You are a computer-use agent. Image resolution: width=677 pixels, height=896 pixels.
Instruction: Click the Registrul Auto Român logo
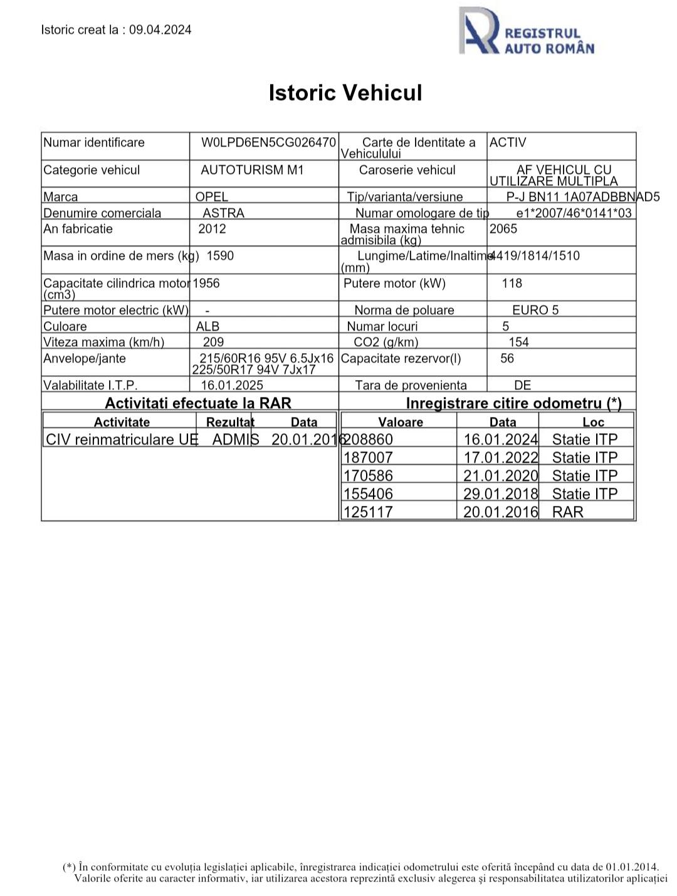(527, 31)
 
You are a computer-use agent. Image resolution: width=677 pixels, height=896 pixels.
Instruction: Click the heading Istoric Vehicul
(345, 93)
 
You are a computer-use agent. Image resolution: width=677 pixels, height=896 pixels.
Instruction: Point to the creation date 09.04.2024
(160, 29)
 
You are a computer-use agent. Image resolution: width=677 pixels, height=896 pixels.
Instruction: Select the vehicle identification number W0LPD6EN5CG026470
(268, 142)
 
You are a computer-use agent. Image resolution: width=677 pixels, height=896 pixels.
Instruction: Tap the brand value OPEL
(212, 197)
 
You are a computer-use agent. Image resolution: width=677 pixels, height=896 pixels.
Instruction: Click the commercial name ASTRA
(223, 213)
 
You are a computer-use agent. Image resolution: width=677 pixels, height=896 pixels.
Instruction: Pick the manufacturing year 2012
(212, 229)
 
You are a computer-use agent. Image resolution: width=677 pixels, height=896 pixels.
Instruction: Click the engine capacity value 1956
(206, 283)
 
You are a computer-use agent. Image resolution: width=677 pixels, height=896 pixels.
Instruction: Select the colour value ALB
(207, 326)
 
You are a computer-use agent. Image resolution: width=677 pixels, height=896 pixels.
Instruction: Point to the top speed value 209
(214, 342)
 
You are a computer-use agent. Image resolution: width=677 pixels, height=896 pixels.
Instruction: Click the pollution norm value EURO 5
(535, 310)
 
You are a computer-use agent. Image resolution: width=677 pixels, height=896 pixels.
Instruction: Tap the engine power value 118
(512, 283)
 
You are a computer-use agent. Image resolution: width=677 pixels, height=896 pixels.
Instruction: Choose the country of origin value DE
(522, 385)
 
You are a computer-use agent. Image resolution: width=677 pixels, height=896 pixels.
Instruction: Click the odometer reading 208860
(369, 440)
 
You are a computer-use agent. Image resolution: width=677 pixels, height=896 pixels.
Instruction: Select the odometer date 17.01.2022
(501, 458)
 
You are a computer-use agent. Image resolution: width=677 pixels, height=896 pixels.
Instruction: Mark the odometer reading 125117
(369, 512)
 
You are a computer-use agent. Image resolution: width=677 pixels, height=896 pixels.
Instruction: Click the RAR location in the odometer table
(567, 512)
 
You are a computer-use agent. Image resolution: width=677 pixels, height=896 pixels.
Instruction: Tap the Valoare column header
(401, 422)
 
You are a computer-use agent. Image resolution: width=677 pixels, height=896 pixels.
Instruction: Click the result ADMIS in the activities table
(236, 440)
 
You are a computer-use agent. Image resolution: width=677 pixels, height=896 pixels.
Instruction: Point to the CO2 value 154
(518, 342)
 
